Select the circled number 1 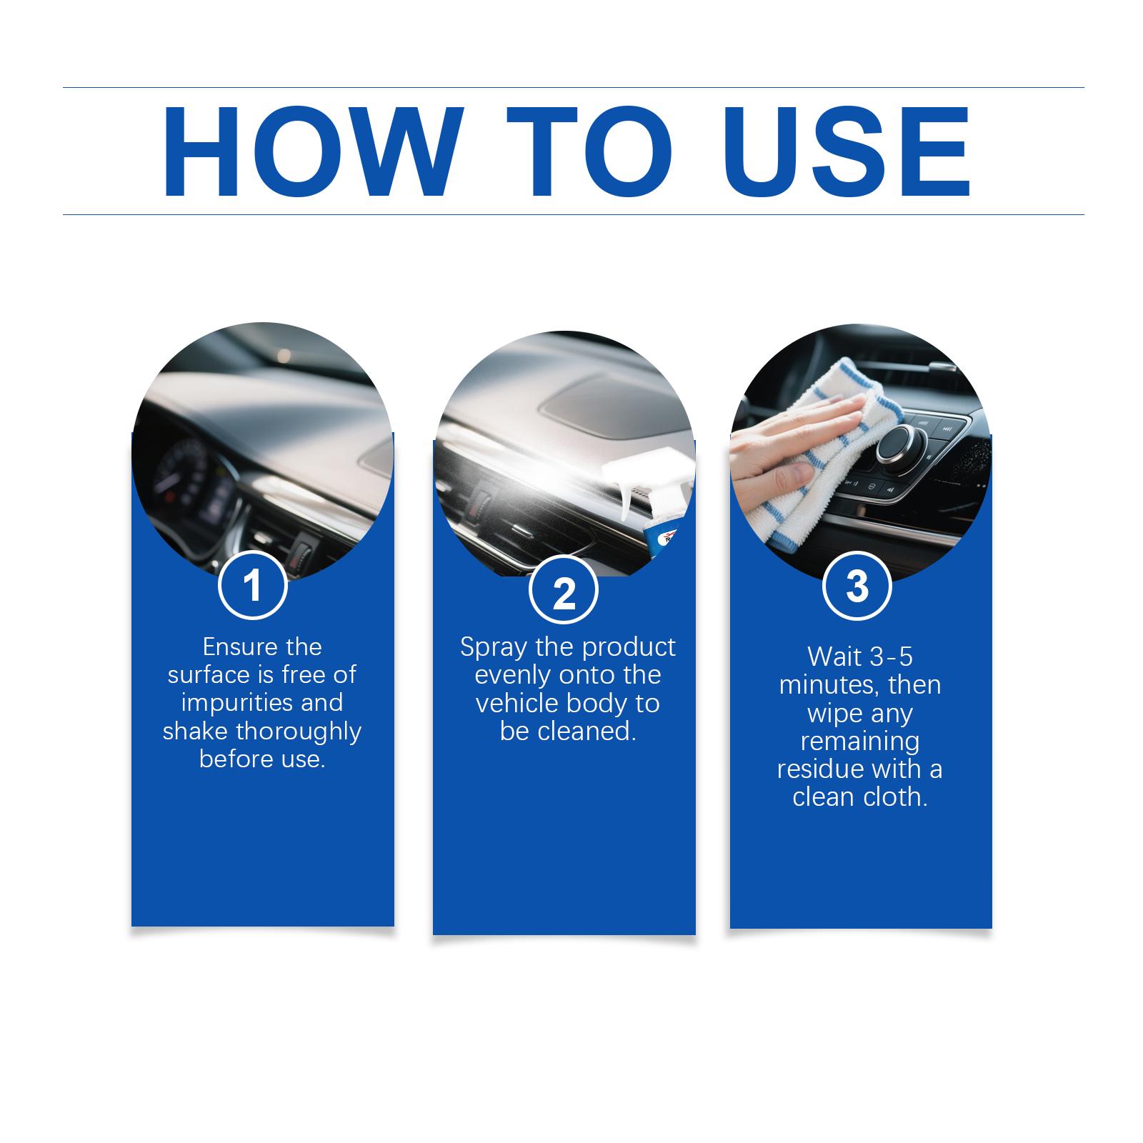tap(252, 585)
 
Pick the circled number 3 tap(857, 585)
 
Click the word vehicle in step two tap(516, 704)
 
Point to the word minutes tap(829, 685)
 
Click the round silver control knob tap(897, 443)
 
